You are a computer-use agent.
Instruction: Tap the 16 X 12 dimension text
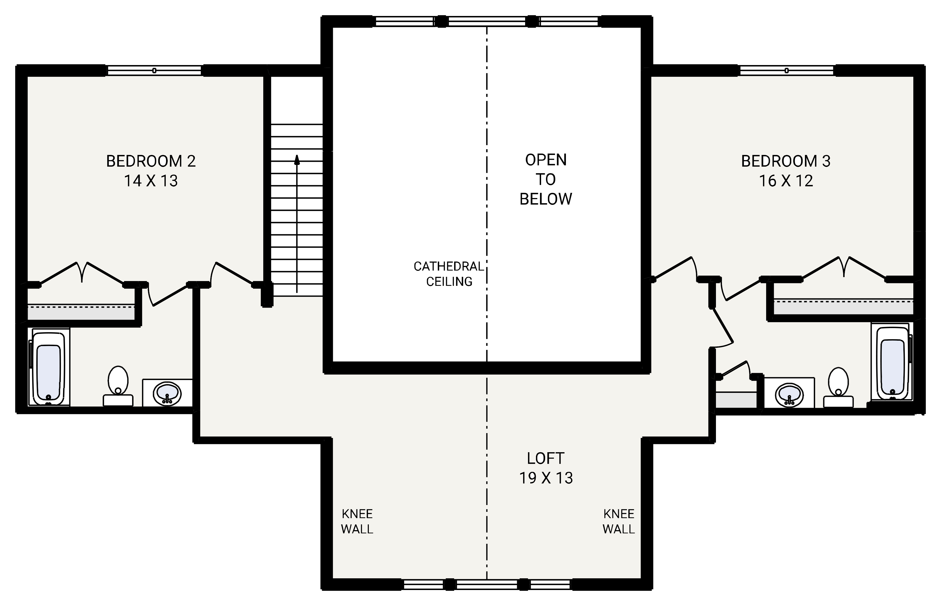coord(786,181)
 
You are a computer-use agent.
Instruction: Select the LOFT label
coord(546,458)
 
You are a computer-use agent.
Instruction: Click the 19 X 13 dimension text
coord(546,478)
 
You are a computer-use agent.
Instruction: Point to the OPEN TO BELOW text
coord(546,179)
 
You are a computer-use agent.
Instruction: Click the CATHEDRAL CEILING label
coord(449,274)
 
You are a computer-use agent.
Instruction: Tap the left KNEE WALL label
coord(357,521)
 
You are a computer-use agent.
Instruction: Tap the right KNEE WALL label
coord(618,521)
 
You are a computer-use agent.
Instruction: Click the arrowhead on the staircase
coord(297,159)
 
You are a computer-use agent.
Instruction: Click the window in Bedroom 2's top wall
coord(154,70)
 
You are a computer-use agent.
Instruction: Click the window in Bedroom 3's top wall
coord(786,70)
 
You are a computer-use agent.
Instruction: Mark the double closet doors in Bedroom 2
coord(82,273)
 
